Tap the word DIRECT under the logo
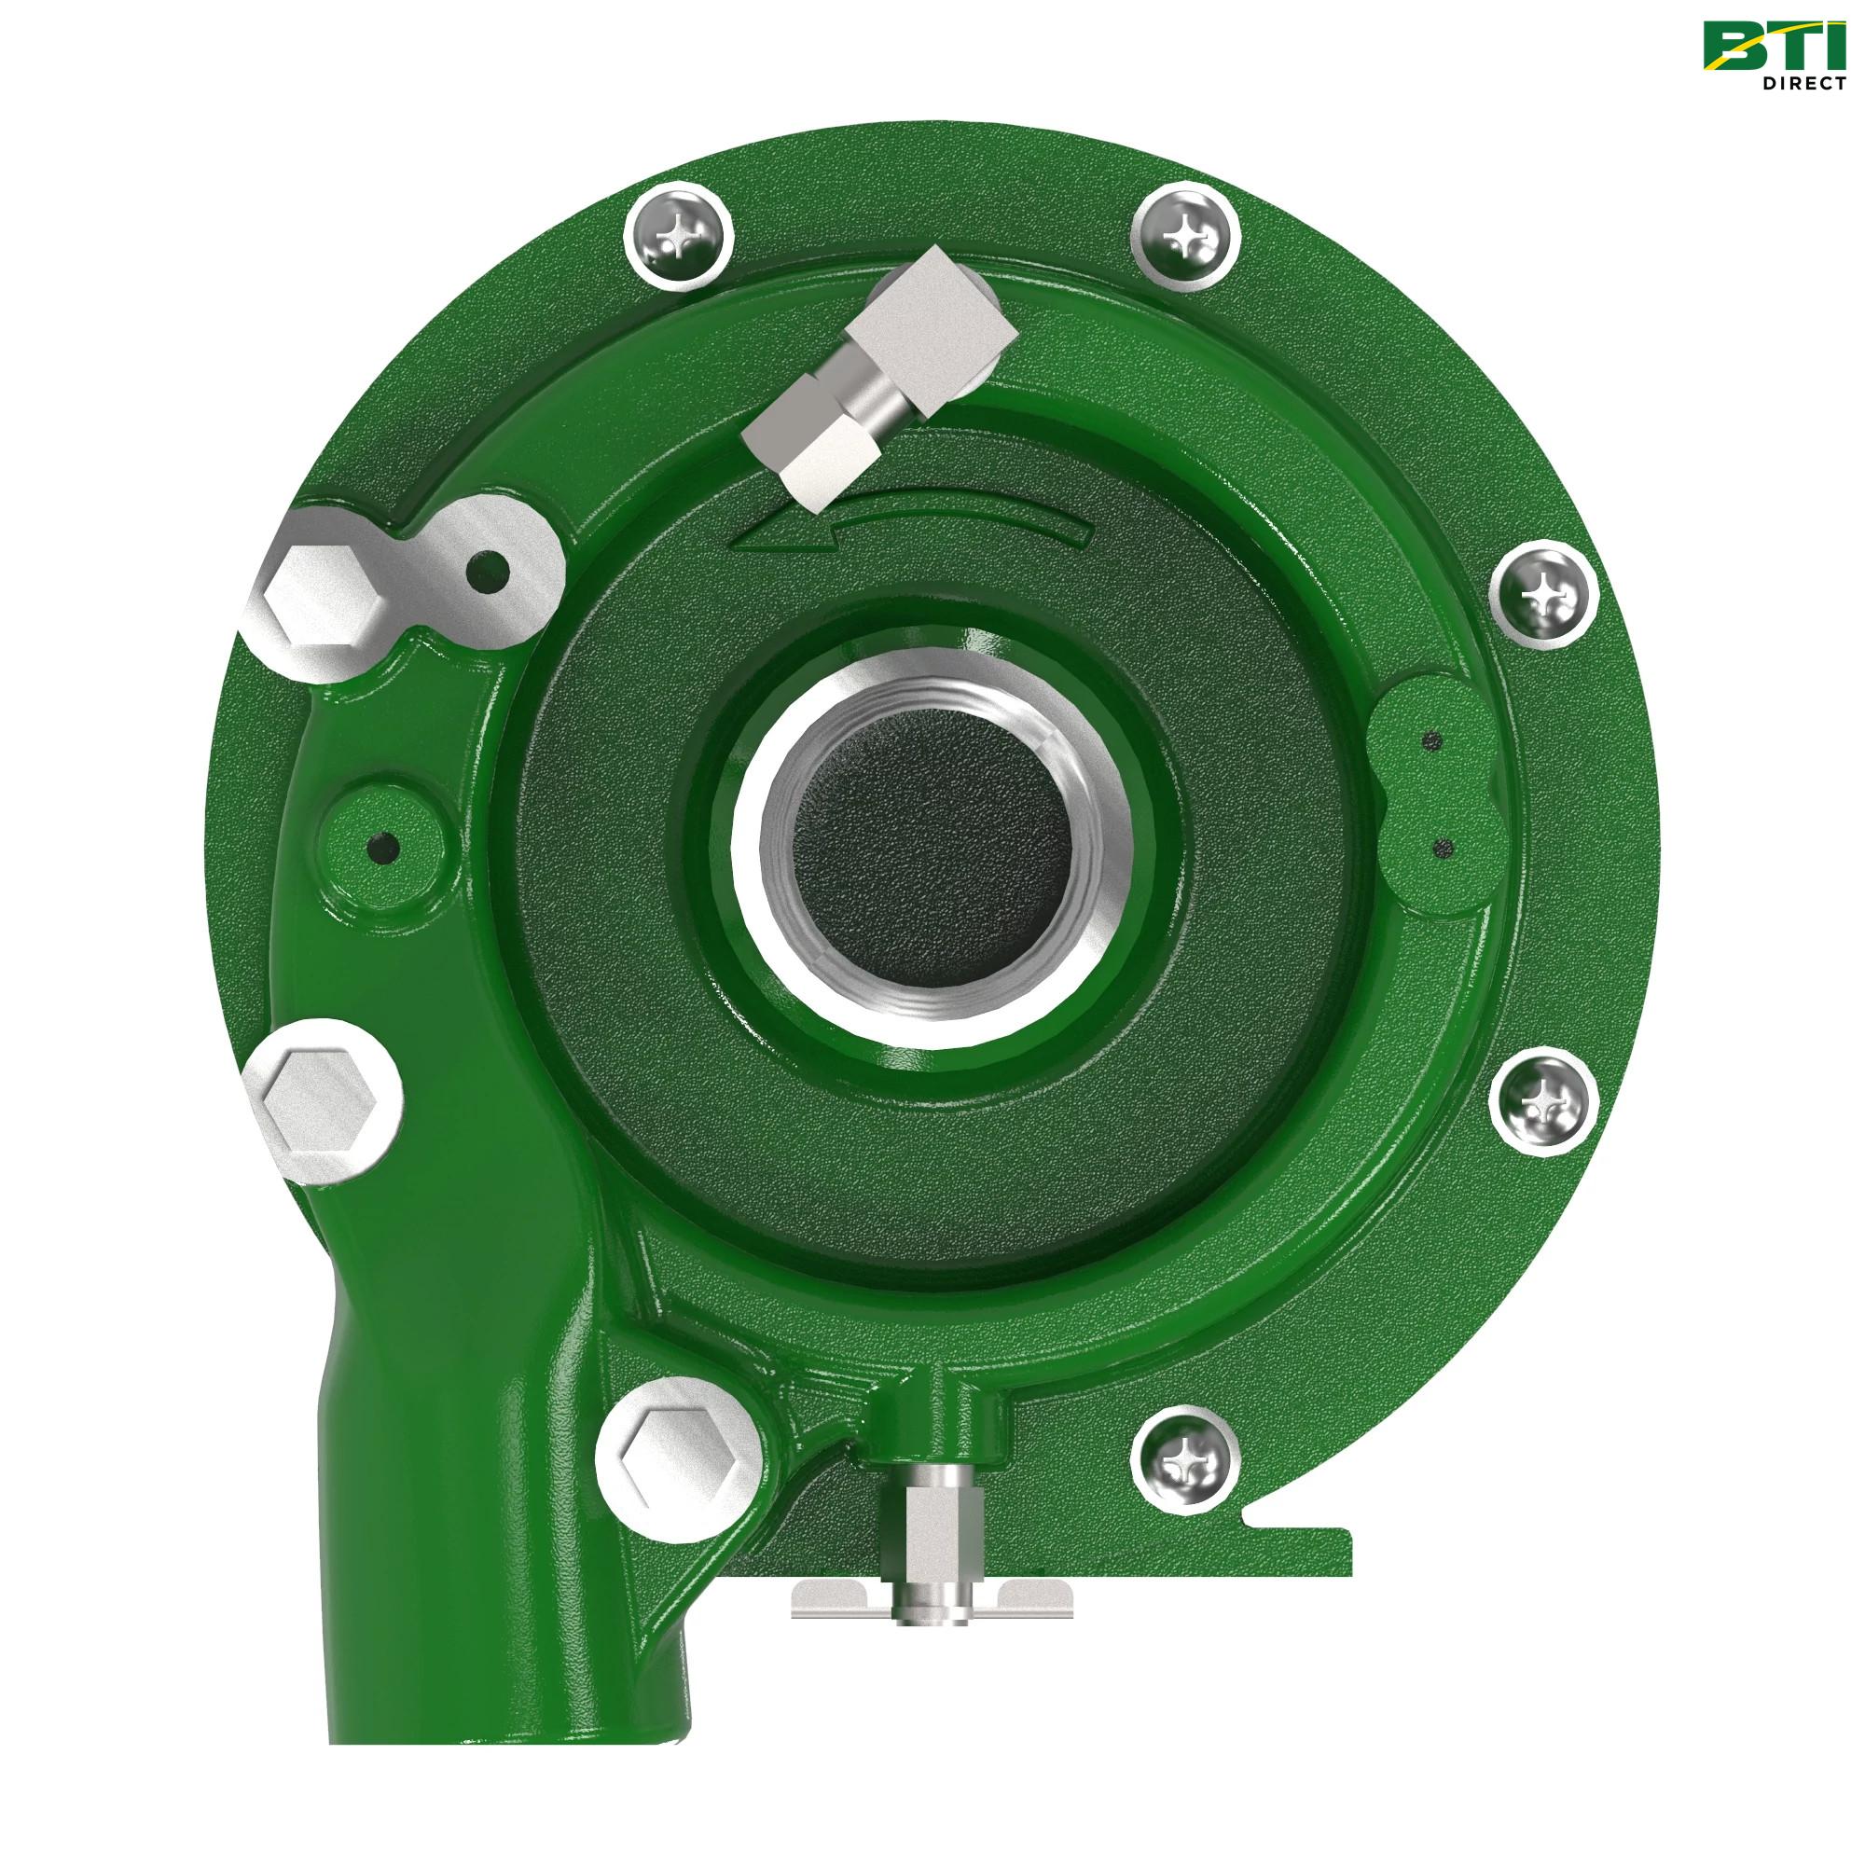[x=1803, y=84]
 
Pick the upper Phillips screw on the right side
[x=1543, y=595]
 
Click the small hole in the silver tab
[x=488, y=572]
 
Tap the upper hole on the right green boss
[x=1432, y=742]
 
